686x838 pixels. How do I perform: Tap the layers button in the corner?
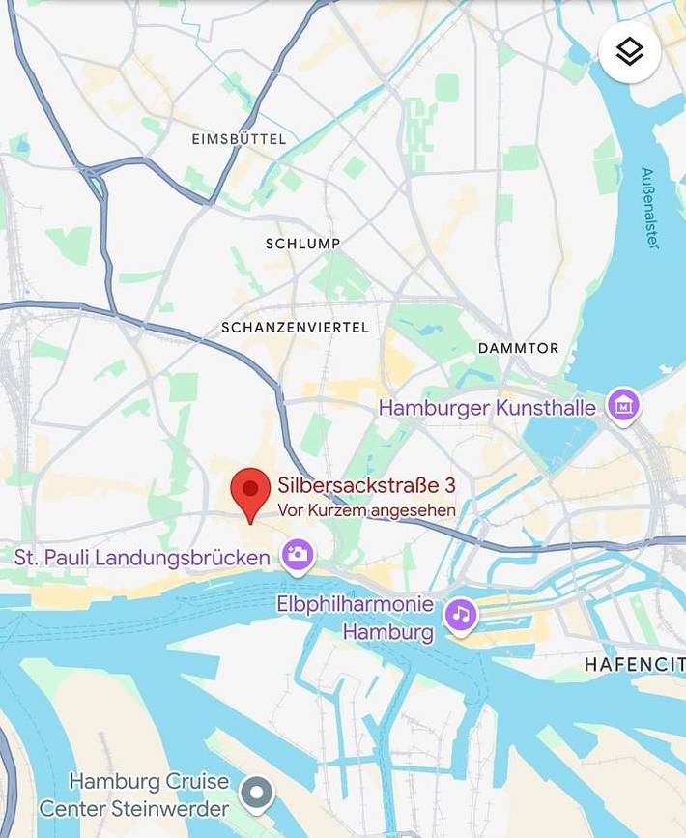click(x=630, y=51)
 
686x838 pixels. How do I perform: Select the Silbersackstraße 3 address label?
click(x=366, y=486)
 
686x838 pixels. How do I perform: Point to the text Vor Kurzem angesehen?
click(x=366, y=510)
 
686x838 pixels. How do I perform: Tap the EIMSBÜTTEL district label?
click(x=239, y=139)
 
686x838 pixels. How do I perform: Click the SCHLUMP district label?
click(x=302, y=244)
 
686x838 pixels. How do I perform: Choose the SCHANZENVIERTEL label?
click(x=295, y=328)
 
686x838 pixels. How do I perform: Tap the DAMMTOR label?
click(x=518, y=348)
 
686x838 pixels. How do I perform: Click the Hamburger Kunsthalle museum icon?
click(x=623, y=406)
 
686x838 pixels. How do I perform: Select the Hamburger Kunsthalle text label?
click(x=487, y=408)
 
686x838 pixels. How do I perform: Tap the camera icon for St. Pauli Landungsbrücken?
click(x=298, y=555)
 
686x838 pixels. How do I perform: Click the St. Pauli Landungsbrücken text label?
click(x=142, y=558)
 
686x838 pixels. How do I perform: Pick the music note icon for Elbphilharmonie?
click(x=461, y=615)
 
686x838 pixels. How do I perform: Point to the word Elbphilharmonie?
click(x=355, y=604)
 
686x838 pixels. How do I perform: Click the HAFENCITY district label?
click(x=634, y=665)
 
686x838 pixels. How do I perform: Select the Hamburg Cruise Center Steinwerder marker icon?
click(x=257, y=795)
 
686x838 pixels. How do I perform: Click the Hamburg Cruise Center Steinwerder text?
click(x=134, y=795)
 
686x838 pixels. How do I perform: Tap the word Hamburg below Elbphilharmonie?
click(x=388, y=634)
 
